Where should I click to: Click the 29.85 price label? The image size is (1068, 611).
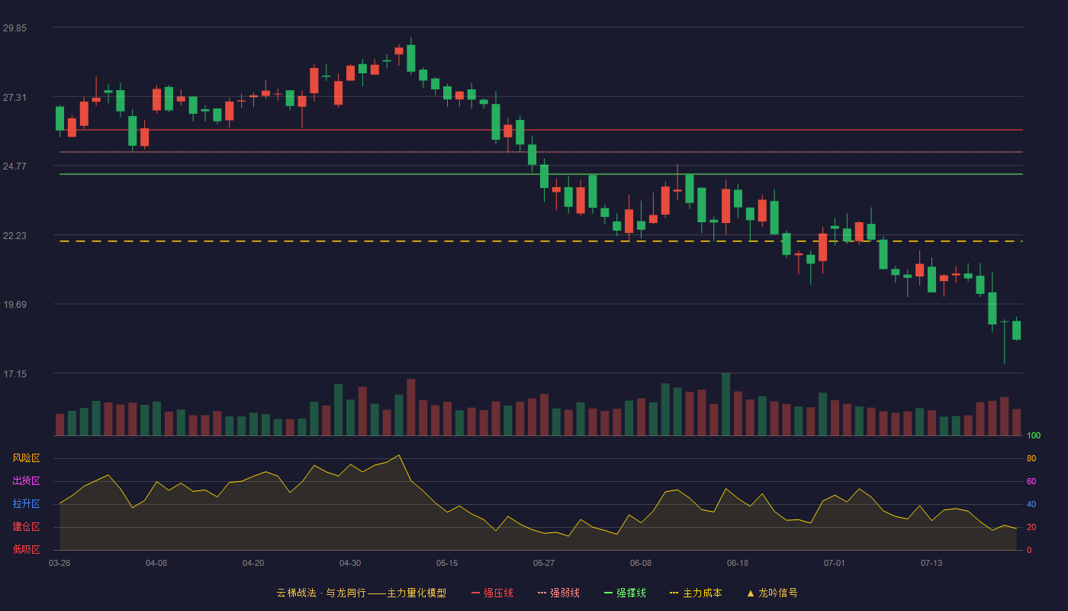pos(14,28)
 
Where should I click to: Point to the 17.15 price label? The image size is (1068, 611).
pos(14,374)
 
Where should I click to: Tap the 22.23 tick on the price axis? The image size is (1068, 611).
pos(14,236)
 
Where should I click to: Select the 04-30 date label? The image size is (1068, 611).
pos(350,564)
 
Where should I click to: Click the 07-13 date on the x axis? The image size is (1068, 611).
pos(931,564)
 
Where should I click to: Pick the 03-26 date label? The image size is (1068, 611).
pos(60,564)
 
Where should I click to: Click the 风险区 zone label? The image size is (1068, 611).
pos(26,458)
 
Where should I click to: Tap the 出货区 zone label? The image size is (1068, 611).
pos(26,480)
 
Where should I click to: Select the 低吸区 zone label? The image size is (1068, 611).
pos(26,549)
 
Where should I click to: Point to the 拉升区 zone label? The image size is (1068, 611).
pos(26,503)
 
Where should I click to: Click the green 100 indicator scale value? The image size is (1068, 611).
pos(1034,435)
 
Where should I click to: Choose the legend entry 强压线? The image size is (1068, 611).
pos(493,593)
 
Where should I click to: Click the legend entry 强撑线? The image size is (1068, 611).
pos(625,593)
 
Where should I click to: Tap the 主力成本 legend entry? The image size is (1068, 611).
pos(696,593)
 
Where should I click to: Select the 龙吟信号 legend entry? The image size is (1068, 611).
pos(772,593)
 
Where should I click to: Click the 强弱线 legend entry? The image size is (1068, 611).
pos(558,593)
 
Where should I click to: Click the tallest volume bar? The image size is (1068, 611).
pos(725,404)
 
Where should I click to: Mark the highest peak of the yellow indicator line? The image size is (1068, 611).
pos(399,455)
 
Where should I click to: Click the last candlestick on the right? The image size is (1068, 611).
pos(1016,329)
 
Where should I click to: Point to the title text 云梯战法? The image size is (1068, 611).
pos(296,593)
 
